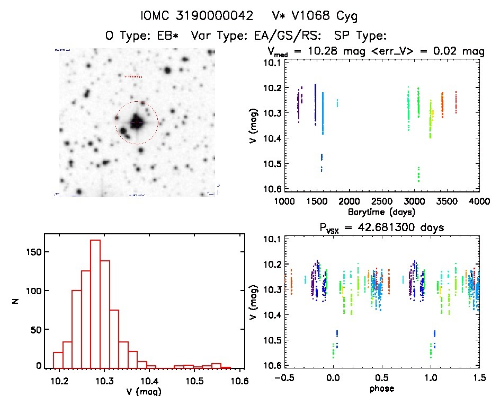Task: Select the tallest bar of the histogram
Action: click(95, 302)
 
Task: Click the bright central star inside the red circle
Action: click(137, 122)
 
